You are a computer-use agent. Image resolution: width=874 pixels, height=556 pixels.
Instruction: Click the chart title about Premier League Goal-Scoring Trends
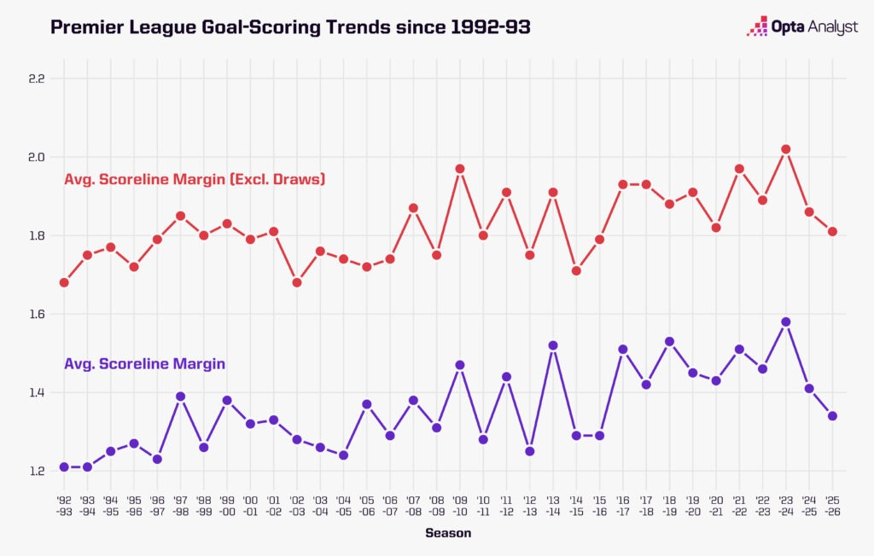[290, 27]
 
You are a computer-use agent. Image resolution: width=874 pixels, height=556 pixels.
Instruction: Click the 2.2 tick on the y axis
[36, 78]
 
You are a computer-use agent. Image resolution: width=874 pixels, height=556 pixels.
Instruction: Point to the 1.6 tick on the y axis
[36, 314]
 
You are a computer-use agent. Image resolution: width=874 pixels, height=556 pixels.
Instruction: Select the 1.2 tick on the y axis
[36, 471]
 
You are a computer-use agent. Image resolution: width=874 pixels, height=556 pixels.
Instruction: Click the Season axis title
[448, 533]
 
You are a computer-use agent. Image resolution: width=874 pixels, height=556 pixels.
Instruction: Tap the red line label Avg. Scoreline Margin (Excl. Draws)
[195, 180]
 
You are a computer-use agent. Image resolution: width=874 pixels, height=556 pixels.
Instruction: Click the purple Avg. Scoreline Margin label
[144, 363]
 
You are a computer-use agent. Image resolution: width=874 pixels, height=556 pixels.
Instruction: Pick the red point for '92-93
[64, 282]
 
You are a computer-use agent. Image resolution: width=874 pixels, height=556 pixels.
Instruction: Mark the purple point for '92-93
[64, 466]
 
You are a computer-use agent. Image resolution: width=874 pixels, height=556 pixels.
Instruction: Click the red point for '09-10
[460, 169]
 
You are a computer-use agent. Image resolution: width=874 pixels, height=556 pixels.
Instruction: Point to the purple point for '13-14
[553, 345]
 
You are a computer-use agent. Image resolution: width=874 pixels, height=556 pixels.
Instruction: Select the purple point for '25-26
[832, 416]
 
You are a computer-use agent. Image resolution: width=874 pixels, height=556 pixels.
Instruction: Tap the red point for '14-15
[576, 270]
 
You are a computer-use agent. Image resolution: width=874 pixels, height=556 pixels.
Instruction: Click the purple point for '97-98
[180, 397]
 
